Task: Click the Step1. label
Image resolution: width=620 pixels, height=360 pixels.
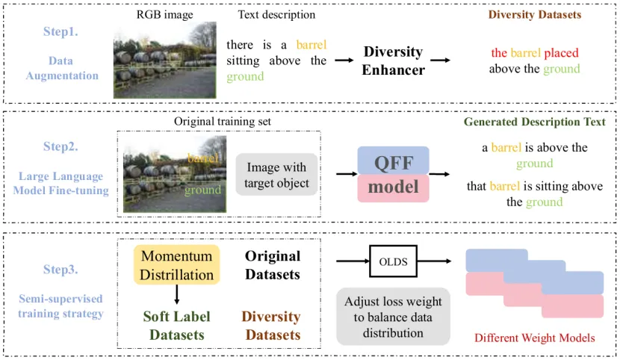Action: (61, 32)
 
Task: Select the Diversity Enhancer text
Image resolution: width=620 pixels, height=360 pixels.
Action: (394, 60)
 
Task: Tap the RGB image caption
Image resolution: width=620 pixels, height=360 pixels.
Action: (164, 14)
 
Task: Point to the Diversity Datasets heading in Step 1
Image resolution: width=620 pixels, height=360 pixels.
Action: (535, 14)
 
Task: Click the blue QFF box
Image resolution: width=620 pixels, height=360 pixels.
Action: (393, 161)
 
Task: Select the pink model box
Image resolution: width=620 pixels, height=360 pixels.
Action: (393, 187)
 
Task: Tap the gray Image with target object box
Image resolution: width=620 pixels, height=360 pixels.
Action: (276, 174)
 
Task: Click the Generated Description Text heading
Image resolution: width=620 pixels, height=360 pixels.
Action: (534, 121)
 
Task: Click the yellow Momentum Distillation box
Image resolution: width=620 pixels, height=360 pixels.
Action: (176, 265)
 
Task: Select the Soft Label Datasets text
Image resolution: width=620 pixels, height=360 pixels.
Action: (176, 326)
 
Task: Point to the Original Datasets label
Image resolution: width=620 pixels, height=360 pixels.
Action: (273, 265)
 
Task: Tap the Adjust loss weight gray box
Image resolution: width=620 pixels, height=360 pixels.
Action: (393, 317)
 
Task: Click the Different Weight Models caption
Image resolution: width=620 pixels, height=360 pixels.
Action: (535, 338)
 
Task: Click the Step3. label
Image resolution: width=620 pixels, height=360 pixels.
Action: (61, 269)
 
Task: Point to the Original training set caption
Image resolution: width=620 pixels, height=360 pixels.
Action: (222, 121)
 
